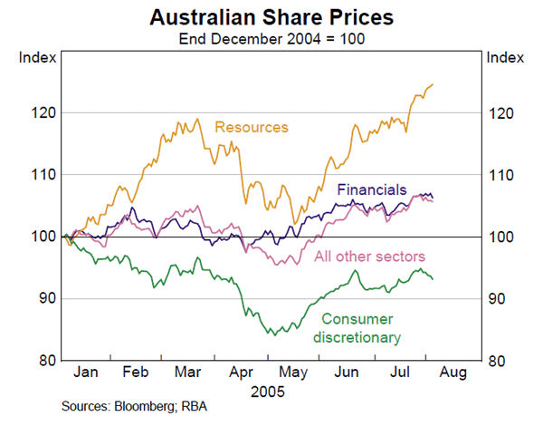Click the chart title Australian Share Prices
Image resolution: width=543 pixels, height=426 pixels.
[x=271, y=17]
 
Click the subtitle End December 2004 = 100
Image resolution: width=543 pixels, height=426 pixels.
[x=271, y=38]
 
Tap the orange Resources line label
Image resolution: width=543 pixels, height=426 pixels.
[x=251, y=127]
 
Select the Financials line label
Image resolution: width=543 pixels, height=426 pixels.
[x=371, y=190]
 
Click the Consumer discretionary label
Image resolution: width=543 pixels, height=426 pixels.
[x=358, y=328]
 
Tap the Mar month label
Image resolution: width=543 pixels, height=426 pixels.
[x=189, y=373]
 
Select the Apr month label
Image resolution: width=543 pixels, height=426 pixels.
[x=243, y=373]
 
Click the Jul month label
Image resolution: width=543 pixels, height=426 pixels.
[x=400, y=373]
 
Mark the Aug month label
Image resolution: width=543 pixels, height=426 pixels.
[x=453, y=373]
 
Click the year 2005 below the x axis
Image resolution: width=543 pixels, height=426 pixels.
[x=269, y=392]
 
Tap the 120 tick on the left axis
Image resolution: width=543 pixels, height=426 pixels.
[x=47, y=113]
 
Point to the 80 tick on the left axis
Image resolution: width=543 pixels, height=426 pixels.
[x=50, y=361]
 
